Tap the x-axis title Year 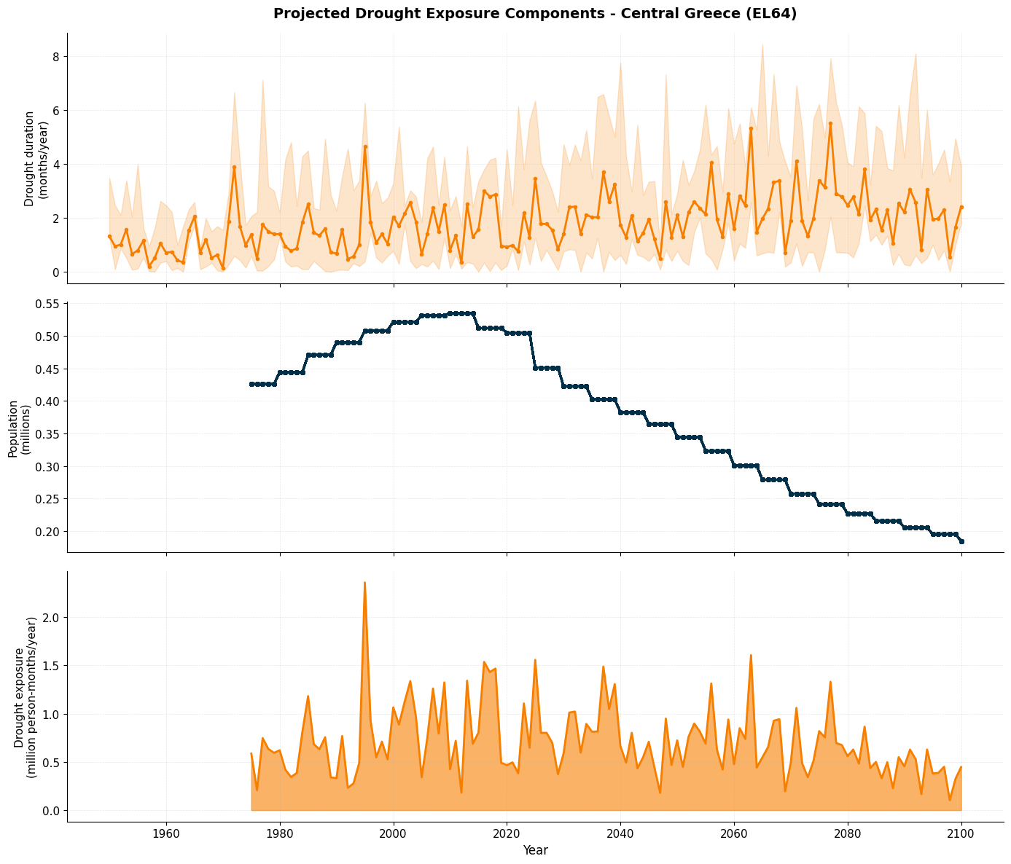tap(535, 850)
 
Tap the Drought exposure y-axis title tap(26, 697)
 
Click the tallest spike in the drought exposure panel tap(364, 583)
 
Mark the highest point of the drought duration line tap(830, 124)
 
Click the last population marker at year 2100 tap(961, 541)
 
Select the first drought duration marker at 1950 tap(109, 236)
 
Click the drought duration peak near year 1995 tap(365, 146)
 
